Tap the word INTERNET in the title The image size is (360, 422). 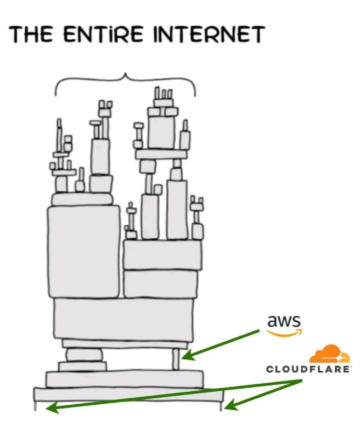click(209, 34)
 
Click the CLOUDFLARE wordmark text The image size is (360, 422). click(309, 369)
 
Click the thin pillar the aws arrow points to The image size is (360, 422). click(175, 359)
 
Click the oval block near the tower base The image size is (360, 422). click(84, 355)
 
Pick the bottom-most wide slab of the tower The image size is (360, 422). click(128, 394)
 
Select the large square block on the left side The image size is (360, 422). click(84, 251)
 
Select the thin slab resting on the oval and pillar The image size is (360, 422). click(125, 343)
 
